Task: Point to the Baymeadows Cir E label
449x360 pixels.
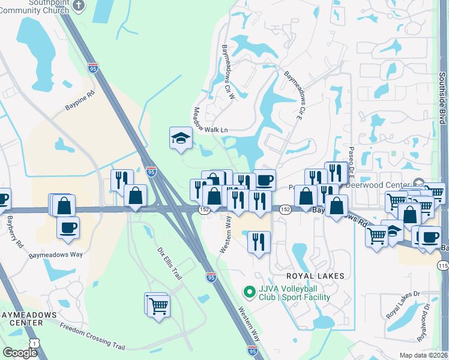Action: (292, 97)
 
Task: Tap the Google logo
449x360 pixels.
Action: (20, 353)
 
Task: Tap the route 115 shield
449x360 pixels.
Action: (443, 265)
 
